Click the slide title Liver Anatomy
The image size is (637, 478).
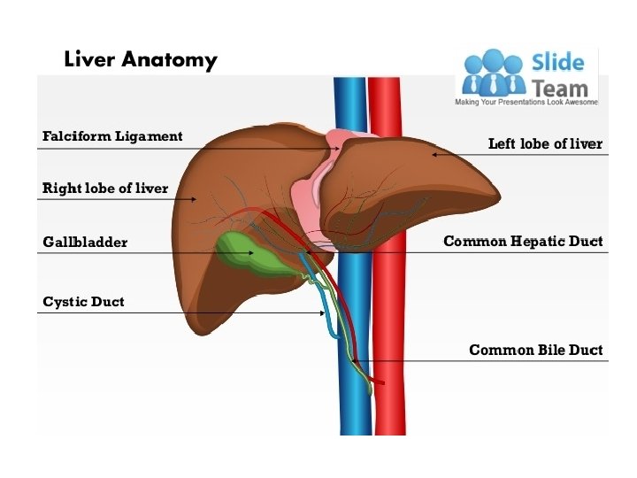point(140,60)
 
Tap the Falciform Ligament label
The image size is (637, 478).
point(112,136)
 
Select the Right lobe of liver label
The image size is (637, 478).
point(105,188)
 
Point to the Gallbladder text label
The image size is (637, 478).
point(85,242)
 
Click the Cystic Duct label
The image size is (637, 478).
point(83,302)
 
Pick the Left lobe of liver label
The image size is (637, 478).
point(545,143)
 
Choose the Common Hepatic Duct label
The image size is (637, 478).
point(523,241)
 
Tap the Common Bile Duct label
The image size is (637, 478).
point(535,350)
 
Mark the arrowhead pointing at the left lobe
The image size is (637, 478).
point(434,155)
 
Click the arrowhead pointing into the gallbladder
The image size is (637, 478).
point(252,253)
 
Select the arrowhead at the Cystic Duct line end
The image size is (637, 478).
point(321,312)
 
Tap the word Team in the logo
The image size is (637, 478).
point(560,88)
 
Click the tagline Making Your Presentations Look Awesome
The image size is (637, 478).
point(526,103)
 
